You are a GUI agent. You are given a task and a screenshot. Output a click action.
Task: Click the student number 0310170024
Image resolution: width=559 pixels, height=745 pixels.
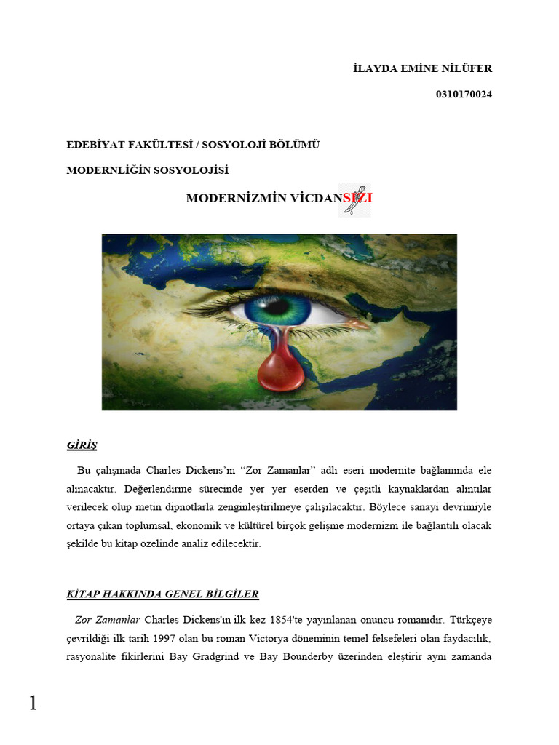tap(464, 94)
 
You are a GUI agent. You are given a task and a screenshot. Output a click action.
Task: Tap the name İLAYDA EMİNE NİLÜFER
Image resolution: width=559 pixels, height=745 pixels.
tap(422, 68)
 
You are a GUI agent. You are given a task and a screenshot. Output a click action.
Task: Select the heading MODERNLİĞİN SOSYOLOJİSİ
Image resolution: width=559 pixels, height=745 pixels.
tap(148, 170)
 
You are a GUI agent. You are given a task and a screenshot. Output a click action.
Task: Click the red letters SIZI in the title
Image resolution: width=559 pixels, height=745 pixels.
tap(357, 198)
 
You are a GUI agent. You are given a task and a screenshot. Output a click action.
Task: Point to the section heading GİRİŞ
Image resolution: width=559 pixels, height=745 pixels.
tap(82, 445)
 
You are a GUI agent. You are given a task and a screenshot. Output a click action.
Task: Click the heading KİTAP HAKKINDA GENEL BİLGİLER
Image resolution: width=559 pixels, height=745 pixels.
tap(162, 594)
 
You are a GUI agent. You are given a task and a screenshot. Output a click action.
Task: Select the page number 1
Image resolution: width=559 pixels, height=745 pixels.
tap(32, 703)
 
